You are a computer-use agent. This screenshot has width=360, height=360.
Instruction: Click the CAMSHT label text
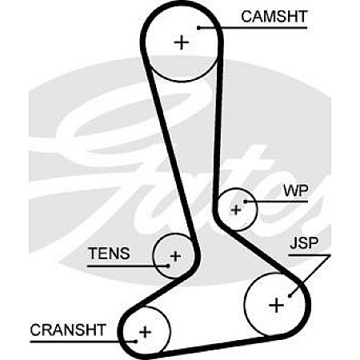tap(274, 17)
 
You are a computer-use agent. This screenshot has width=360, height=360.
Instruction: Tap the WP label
tap(295, 190)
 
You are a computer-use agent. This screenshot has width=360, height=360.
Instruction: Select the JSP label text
tap(304, 242)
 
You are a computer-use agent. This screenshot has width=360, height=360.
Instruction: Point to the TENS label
tap(109, 253)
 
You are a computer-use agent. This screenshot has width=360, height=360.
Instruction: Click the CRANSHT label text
tap(68, 330)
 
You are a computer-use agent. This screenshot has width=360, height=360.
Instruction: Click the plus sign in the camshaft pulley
tap(182, 42)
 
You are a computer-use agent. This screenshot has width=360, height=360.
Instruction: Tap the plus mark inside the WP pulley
tap(236, 210)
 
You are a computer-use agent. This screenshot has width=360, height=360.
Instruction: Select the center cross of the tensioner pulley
tap(175, 256)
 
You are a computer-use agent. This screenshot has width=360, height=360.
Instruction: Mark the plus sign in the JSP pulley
tap(277, 305)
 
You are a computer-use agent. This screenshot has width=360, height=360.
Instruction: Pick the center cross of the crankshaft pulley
tap(146, 332)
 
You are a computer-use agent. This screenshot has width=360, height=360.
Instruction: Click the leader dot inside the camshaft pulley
tap(198, 27)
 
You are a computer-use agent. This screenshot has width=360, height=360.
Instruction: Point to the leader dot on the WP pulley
tap(246, 202)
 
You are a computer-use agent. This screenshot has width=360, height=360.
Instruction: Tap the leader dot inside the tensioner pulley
tap(168, 266)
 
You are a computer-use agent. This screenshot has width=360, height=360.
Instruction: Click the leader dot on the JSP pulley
tap(290, 295)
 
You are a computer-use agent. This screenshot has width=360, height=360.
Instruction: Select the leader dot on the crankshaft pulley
tap(136, 342)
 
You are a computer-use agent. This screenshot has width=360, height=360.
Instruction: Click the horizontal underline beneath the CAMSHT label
tap(253, 27)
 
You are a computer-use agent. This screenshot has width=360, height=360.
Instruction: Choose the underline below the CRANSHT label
tap(83, 342)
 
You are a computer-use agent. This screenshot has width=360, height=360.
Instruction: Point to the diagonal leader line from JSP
tap(310, 275)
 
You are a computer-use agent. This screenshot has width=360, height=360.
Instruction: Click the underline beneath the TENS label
tap(128, 266)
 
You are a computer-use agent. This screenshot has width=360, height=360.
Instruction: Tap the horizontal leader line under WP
tap(277, 202)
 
